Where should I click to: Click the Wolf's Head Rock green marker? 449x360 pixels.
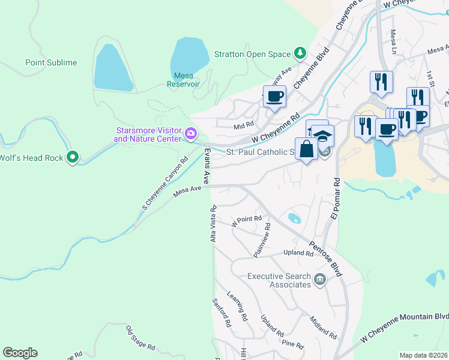(73, 158)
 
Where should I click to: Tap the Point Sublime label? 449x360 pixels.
(51, 62)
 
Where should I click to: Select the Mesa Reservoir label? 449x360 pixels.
(186, 80)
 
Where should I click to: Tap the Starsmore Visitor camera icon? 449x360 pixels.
(191, 133)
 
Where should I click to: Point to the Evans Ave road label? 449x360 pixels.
(206, 166)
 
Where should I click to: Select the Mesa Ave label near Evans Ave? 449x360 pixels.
(187, 190)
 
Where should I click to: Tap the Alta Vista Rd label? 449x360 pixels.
(212, 224)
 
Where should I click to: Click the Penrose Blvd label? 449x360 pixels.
(326, 258)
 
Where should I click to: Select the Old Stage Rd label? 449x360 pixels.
(140, 338)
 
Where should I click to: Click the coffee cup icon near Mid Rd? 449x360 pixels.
(274, 97)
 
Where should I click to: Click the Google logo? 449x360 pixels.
(20, 353)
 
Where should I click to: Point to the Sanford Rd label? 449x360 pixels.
(221, 312)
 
